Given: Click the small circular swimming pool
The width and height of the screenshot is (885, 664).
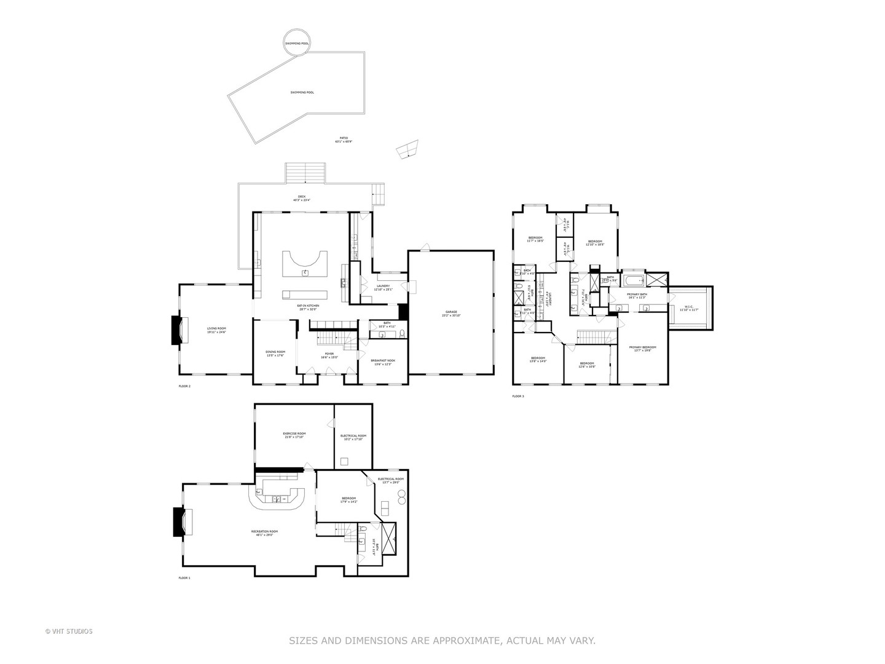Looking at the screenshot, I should point(297,44).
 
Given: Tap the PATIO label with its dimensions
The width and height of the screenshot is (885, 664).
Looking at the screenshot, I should point(344,140).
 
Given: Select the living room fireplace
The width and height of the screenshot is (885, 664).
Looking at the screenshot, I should point(177,330).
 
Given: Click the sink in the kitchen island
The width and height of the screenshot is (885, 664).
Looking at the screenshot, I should point(305,272).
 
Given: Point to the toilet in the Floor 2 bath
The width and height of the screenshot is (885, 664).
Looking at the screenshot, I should point(402,334).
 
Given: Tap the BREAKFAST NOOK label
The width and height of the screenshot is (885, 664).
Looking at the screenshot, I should point(383,362).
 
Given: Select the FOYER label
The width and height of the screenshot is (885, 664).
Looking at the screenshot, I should point(329,355).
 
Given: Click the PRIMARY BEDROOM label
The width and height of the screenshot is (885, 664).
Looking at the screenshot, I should point(642,349).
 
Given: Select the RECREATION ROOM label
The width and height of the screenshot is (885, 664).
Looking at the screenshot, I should point(264,533).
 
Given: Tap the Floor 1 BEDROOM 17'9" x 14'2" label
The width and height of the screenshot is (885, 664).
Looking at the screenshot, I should point(349,500).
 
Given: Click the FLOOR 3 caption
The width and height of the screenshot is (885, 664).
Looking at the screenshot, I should point(518,397).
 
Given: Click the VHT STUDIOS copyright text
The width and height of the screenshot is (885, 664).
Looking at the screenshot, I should point(69,631).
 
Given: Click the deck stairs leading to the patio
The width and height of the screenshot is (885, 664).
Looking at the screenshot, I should point(305,173).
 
